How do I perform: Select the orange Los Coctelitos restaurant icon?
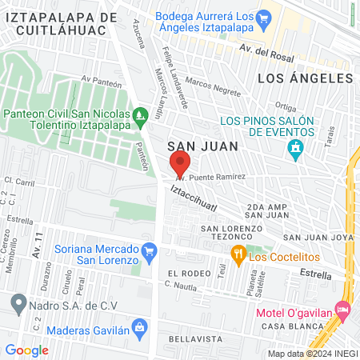coord(238,255)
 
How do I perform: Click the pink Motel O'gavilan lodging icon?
coord(343,308)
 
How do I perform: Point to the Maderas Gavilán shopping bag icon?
coord(140,326)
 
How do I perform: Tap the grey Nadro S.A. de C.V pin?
coord(18,303)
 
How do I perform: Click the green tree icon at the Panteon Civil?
coord(141,116)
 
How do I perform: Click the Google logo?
coord(26,350)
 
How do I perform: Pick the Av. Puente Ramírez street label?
coord(210,176)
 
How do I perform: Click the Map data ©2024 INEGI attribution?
coord(312,353)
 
